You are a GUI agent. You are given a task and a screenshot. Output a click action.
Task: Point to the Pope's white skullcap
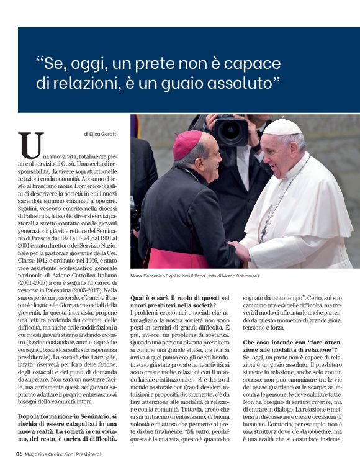[x=282, y=127]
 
